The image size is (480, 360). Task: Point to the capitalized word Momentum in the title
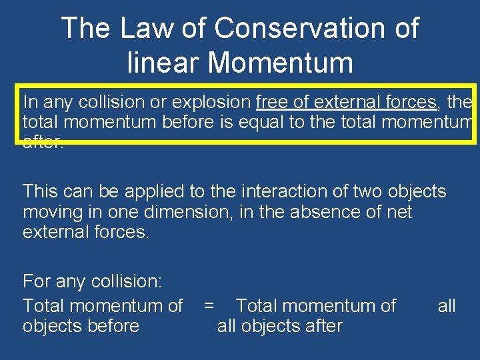pos(281,63)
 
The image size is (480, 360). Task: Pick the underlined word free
pos(270,102)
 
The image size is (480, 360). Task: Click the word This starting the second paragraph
pos(41,192)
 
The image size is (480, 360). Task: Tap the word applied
pos(152,192)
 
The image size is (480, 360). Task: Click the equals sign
pos(209,306)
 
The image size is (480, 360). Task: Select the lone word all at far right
pos(447,306)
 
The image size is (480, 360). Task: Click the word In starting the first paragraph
pos(30,102)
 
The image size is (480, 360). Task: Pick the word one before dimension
pos(111,213)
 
